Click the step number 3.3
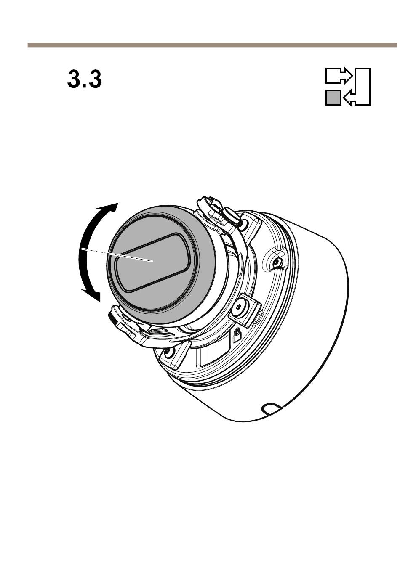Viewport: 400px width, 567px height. click(85, 79)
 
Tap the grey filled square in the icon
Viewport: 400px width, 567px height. click(333, 98)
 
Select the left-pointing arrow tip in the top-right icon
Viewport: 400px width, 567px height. click(346, 98)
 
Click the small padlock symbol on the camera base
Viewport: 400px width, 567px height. click(236, 335)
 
